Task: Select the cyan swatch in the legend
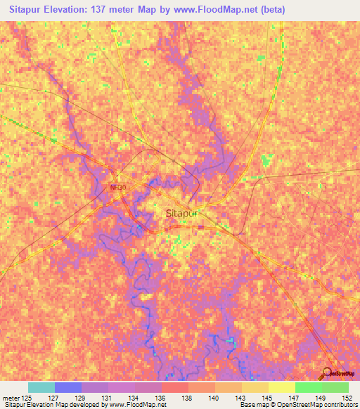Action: (41, 387)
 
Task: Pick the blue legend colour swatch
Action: (68, 387)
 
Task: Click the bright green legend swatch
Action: (309, 387)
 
